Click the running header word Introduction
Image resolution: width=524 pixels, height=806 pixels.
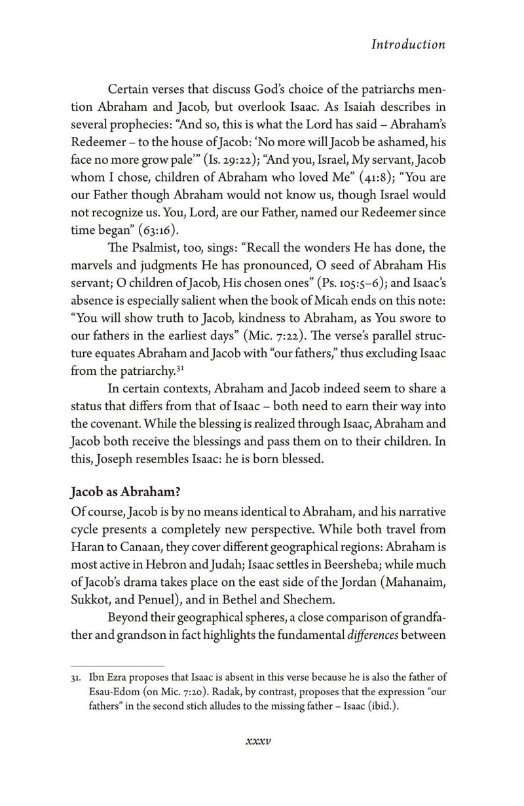click(x=407, y=45)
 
